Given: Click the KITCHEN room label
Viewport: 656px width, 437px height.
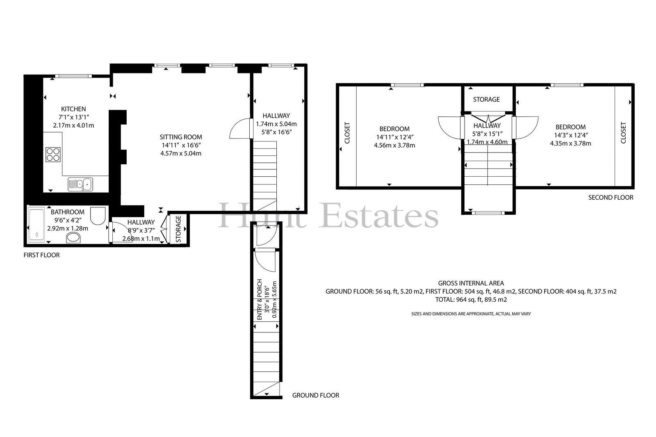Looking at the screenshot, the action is click(73, 109).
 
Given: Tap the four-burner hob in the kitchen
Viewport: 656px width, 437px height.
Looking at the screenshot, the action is click(53, 155).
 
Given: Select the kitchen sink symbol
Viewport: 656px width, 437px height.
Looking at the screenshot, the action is click(80, 184).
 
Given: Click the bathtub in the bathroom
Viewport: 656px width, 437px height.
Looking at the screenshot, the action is click(36, 224).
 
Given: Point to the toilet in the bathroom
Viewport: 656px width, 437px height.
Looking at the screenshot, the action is click(98, 216).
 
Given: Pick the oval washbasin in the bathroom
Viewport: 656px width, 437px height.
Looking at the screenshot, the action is click(73, 238).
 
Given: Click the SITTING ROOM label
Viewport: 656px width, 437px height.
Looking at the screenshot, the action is click(181, 137).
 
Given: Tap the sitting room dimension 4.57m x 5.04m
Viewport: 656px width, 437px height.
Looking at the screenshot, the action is click(181, 153).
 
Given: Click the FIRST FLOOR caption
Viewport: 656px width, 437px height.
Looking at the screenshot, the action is click(41, 255).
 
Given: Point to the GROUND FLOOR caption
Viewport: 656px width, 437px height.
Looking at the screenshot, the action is click(316, 396).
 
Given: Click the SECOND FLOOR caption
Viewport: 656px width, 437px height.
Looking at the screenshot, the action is click(611, 198).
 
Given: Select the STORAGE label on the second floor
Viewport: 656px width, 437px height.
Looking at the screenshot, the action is click(486, 100).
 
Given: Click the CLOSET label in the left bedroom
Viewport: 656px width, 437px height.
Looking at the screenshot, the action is click(347, 133).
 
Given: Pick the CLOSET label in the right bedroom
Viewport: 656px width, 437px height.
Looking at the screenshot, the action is click(624, 133).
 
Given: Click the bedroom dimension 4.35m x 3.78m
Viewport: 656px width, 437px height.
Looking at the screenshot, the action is click(570, 143).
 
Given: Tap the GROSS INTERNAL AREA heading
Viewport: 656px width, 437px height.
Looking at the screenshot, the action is click(471, 283).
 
